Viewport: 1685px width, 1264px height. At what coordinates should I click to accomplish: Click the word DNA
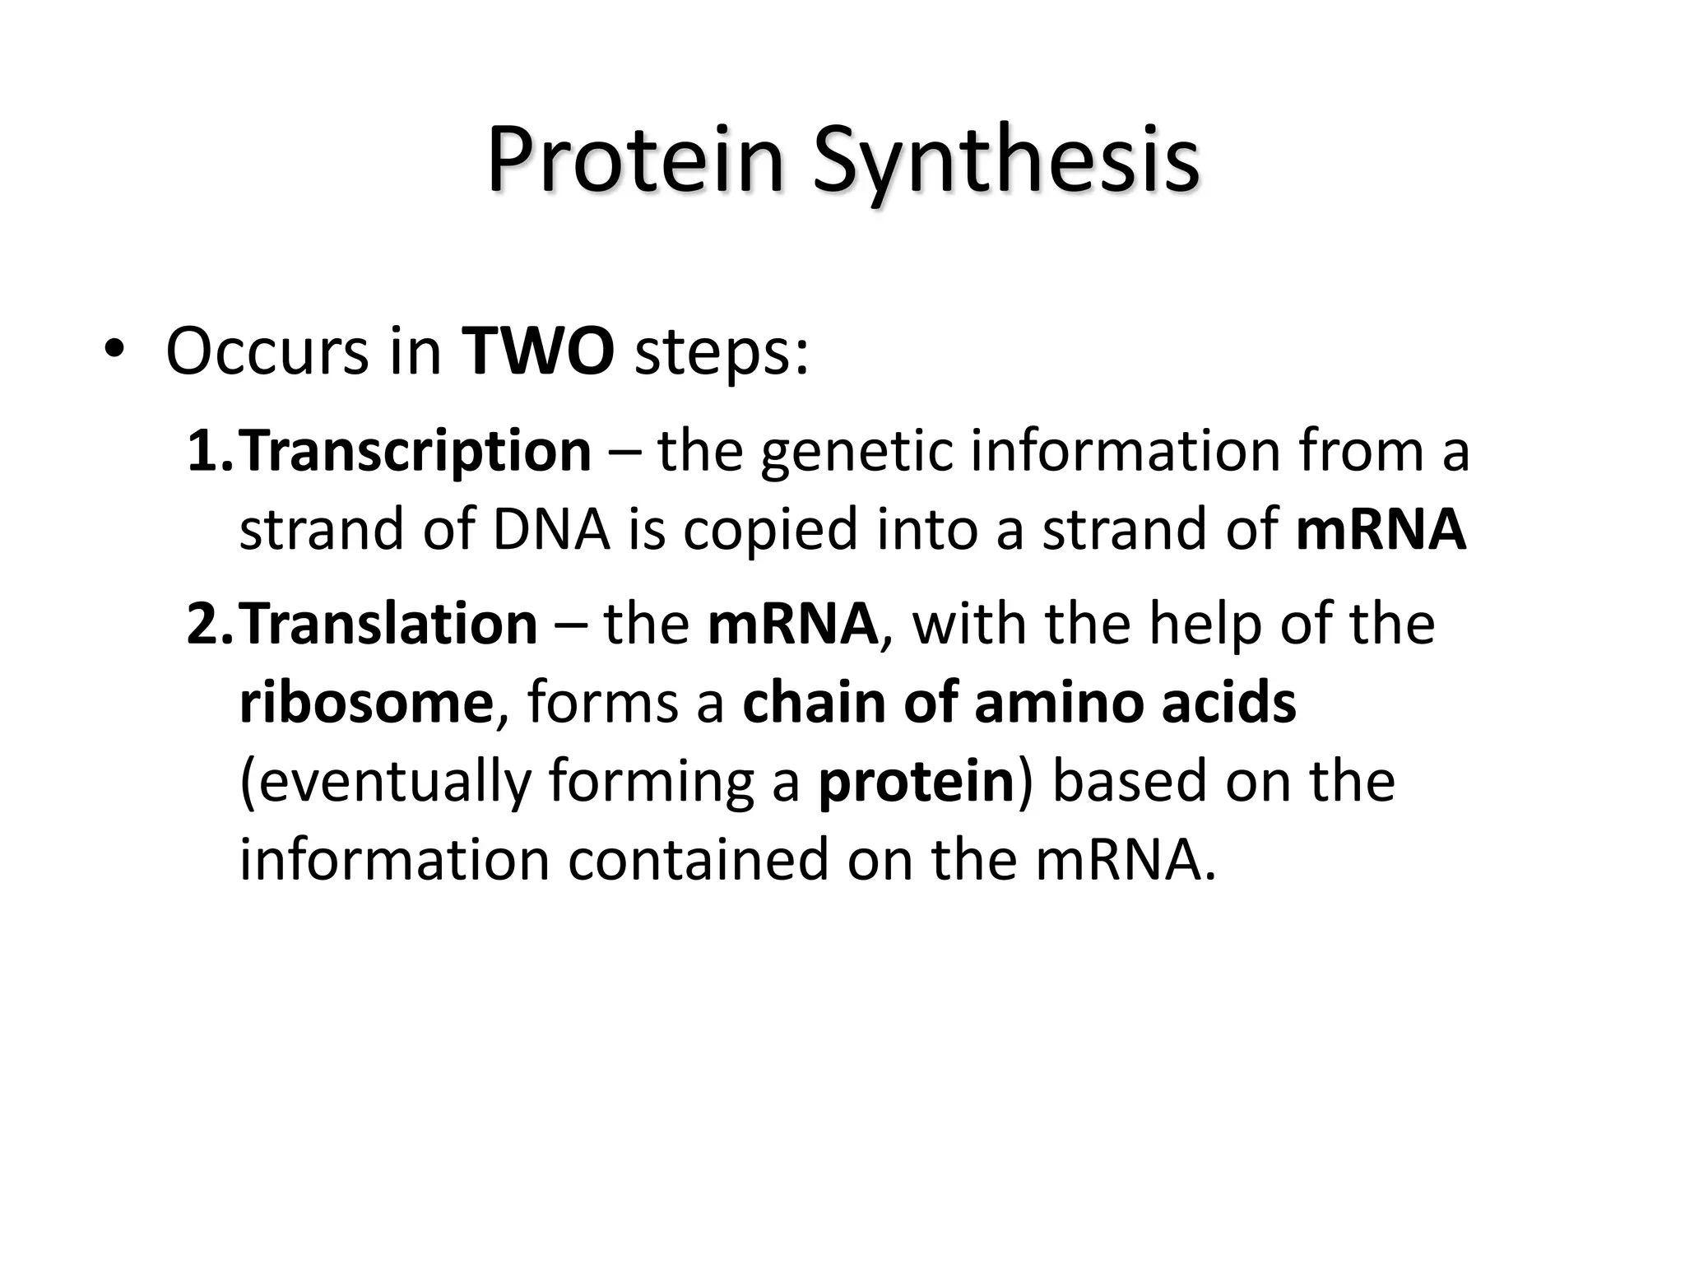coord(551,528)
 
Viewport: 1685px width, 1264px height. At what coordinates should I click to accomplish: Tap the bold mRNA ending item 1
coord(1381,528)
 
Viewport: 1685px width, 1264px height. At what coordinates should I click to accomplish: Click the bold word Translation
coord(388,624)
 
